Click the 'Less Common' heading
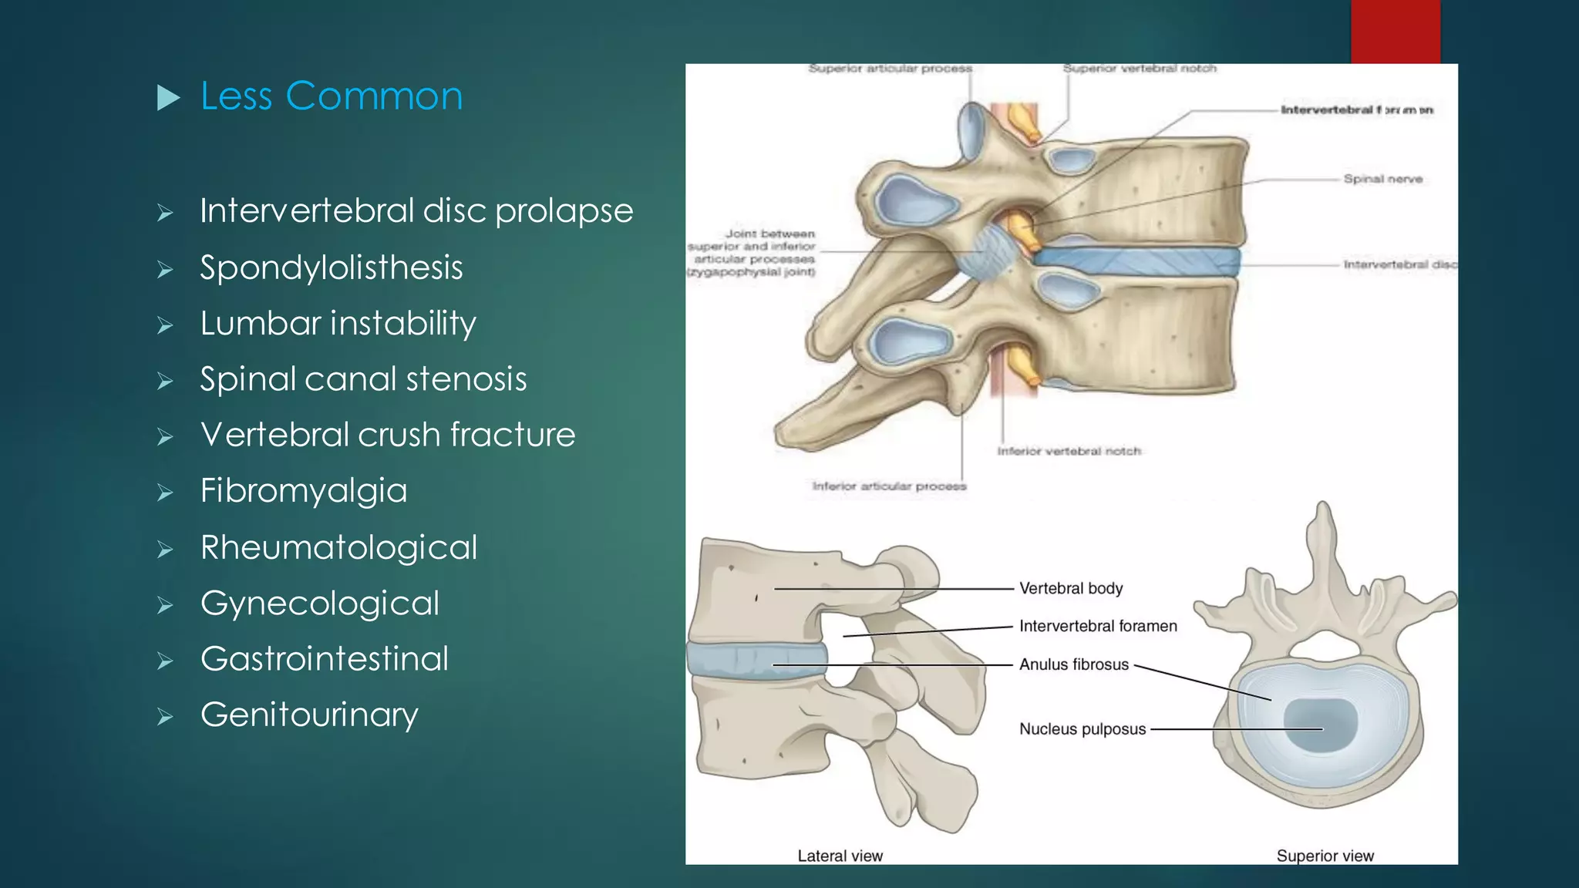pos(332,96)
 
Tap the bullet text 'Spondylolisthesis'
pos(332,267)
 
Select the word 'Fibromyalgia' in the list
pos(304,491)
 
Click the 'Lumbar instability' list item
pos(338,323)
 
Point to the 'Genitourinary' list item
pos(309,715)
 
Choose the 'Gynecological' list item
pos(320,604)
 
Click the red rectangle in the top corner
pos(1395,32)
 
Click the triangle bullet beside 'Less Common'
pos(168,97)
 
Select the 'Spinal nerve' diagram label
pos(1382,179)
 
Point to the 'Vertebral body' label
pos(1071,588)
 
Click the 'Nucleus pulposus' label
pos(1082,729)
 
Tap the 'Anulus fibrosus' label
pos(1073,664)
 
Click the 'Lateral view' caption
pos(840,856)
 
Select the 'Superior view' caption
pos(1325,856)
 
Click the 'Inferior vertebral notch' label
pos(1069,451)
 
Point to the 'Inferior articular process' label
pos(889,486)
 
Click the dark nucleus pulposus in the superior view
pos(1320,725)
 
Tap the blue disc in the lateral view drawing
pos(756,661)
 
